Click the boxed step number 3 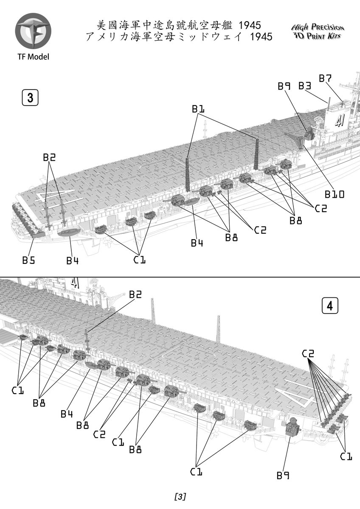pyautogui.click(x=30, y=98)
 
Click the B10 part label pyautogui.click(x=335, y=194)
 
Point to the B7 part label pyautogui.click(x=325, y=78)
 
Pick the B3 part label pyautogui.click(x=305, y=86)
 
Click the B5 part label pyautogui.click(x=28, y=260)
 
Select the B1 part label pyautogui.click(x=198, y=109)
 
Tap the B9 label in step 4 pyautogui.click(x=283, y=475)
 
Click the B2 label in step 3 pyautogui.click(x=49, y=157)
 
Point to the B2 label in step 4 pyautogui.click(x=135, y=294)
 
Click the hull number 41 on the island pyautogui.click(x=339, y=122)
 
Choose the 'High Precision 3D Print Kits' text pyautogui.click(x=318, y=32)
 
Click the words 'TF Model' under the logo pyautogui.click(x=33, y=56)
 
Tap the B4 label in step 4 pyautogui.click(x=67, y=414)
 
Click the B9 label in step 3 pyautogui.click(x=284, y=86)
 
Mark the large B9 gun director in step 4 pyautogui.click(x=292, y=427)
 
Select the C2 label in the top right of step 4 pyautogui.click(x=308, y=353)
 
